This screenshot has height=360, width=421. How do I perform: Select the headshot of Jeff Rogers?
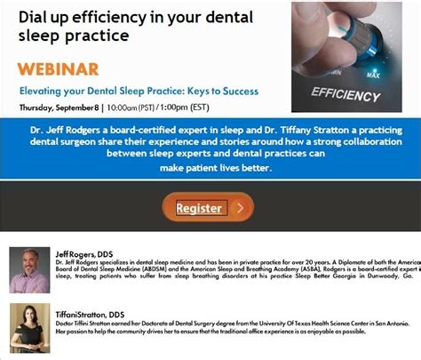pos(29,270)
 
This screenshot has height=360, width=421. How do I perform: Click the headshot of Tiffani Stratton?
pos(29,327)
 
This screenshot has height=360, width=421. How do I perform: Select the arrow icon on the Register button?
pos(239,208)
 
